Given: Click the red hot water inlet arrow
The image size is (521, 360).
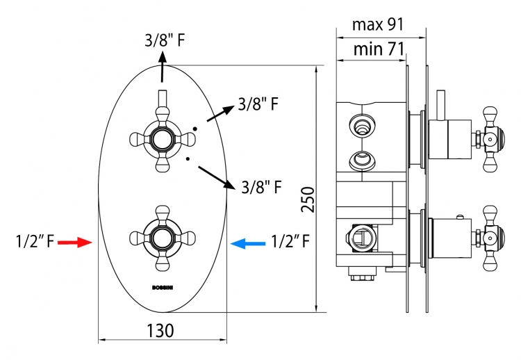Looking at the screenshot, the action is point(75,243).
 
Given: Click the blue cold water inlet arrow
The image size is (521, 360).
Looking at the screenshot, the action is point(248,244).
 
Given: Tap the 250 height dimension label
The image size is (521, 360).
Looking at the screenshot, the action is point(308,199).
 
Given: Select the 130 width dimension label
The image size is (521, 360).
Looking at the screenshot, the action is point(160,331).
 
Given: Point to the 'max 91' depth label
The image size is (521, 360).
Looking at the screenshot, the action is point(378,24).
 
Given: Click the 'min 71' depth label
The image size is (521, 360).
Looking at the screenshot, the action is point(379,49).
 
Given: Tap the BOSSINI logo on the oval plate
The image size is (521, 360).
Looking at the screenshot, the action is point(163,288).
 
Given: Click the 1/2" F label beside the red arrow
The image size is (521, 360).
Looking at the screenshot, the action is point(35,241).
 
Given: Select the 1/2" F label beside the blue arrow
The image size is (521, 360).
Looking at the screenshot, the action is point(290,241).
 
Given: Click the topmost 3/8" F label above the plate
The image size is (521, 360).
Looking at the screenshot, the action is point(165,40).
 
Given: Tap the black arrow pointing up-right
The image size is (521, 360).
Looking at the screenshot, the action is point(221,113).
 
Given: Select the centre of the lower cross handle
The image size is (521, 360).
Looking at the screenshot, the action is point(162,238).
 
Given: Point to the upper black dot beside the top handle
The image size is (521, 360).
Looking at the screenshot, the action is point(195,129).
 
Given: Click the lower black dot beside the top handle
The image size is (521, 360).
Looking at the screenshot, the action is point(188,159).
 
